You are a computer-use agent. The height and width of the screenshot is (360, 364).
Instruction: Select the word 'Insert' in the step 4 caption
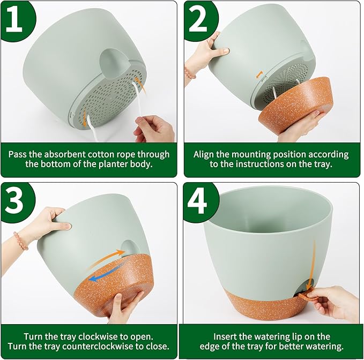[x=227, y=336]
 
